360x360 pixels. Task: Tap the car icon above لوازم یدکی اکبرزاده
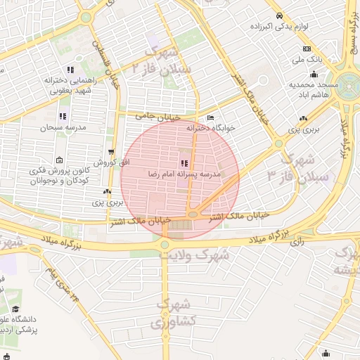pos(280,15)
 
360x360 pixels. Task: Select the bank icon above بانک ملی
pos(307,49)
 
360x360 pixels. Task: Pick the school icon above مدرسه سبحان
pos(63,116)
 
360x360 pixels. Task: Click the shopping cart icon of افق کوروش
pos(111,152)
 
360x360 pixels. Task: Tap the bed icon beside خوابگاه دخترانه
pos(210,117)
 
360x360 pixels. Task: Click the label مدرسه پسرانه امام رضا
pos(184,174)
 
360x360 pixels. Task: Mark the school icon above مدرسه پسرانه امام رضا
pos(184,163)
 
